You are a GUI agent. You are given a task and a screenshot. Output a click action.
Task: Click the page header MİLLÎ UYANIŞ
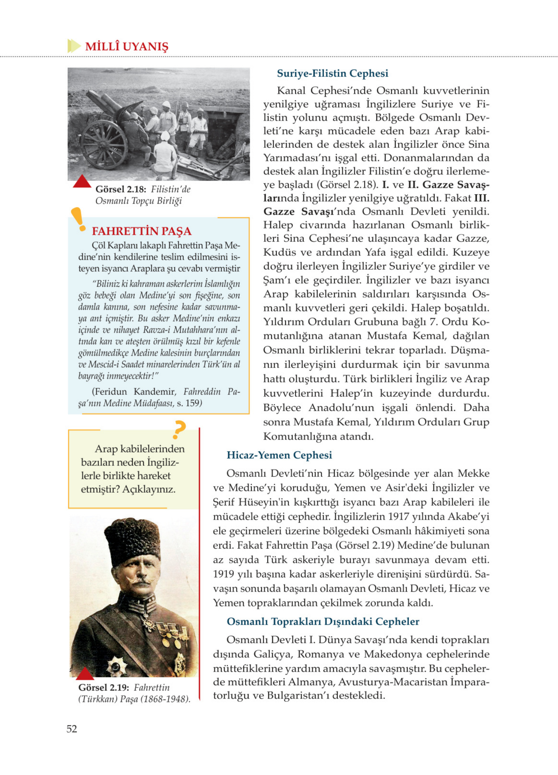pos(126,46)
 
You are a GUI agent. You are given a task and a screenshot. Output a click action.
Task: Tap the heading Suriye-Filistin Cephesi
pos(332,74)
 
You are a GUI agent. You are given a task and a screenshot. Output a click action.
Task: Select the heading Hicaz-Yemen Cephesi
pos(279,455)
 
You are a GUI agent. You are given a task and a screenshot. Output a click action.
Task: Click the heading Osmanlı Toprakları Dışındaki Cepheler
pos(323,622)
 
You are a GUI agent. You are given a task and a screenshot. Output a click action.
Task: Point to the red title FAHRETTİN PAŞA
pos(141,231)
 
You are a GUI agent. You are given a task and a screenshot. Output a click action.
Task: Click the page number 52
pos(72,729)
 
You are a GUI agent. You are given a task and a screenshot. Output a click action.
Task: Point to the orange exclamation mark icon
pos(78,219)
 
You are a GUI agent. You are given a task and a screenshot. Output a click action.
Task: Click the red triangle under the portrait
pos(84,674)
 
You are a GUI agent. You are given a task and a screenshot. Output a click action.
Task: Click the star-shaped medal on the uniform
pos(116,667)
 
